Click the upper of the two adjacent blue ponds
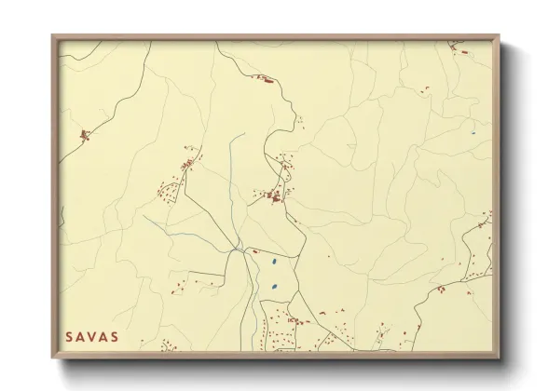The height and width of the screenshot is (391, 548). (272, 264)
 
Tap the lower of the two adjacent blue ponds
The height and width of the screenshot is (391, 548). (273, 285)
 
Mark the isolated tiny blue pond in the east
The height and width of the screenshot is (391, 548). (473, 133)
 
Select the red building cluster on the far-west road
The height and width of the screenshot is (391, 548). (84, 136)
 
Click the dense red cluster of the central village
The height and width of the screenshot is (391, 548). (274, 196)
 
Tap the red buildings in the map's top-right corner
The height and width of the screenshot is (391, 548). (456, 46)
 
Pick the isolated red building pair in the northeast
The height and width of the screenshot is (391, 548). (427, 89)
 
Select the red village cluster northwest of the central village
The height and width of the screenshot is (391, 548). (187, 165)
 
